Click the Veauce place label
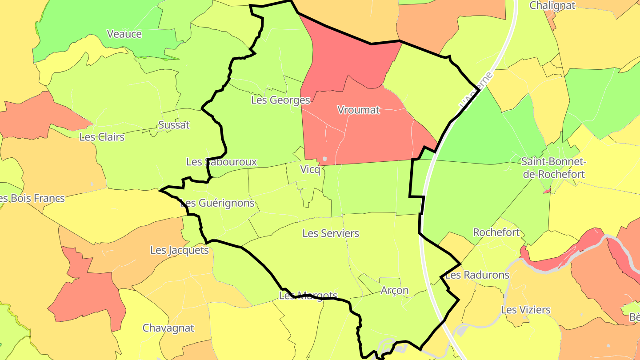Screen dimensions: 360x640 (x=124, y=34)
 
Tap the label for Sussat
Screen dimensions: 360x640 (x=174, y=125)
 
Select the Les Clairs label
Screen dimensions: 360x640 (x=102, y=137)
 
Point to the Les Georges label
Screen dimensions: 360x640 (x=280, y=100)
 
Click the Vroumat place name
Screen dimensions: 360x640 (x=358, y=110)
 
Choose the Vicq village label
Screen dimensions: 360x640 (x=310, y=169)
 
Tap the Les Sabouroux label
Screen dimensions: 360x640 (x=221, y=162)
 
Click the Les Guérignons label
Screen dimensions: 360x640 (x=217, y=203)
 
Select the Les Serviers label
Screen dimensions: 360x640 (x=330, y=233)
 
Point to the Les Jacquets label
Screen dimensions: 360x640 (x=179, y=250)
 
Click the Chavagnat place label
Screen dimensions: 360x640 (x=168, y=328)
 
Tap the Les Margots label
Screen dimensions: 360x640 (x=308, y=296)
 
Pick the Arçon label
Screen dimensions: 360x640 (x=394, y=290)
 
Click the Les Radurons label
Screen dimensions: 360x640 (x=477, y=275)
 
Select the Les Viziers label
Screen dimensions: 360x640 (x=526, y=310)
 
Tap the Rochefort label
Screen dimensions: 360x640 (x=496, y=232)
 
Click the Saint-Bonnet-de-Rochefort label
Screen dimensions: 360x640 (x=554, y=168)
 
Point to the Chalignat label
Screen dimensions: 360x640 (x=552, y=5)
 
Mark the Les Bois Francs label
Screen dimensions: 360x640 (x=32, y=198)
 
